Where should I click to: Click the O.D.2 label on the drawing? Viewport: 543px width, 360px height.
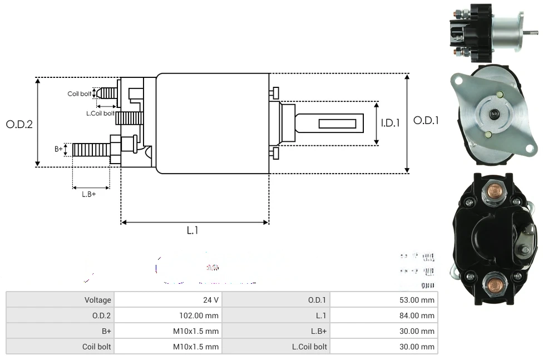[x=19, y=125]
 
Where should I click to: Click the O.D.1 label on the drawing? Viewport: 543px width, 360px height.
[x=426, y=120]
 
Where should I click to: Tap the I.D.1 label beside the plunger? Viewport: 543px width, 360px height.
[x=391, y=123]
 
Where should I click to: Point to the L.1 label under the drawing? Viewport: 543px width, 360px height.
[x=192, y=230]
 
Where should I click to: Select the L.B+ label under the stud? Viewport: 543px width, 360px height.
[x=89, y=194]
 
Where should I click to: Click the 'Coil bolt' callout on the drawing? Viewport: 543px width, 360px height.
[x=80, y=94]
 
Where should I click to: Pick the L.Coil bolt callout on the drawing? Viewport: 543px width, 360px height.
[x=100, y=113]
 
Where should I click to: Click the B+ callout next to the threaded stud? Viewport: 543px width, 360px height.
[x=58, y=149]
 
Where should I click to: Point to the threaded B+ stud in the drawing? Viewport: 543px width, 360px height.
[x=91, y=149]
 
